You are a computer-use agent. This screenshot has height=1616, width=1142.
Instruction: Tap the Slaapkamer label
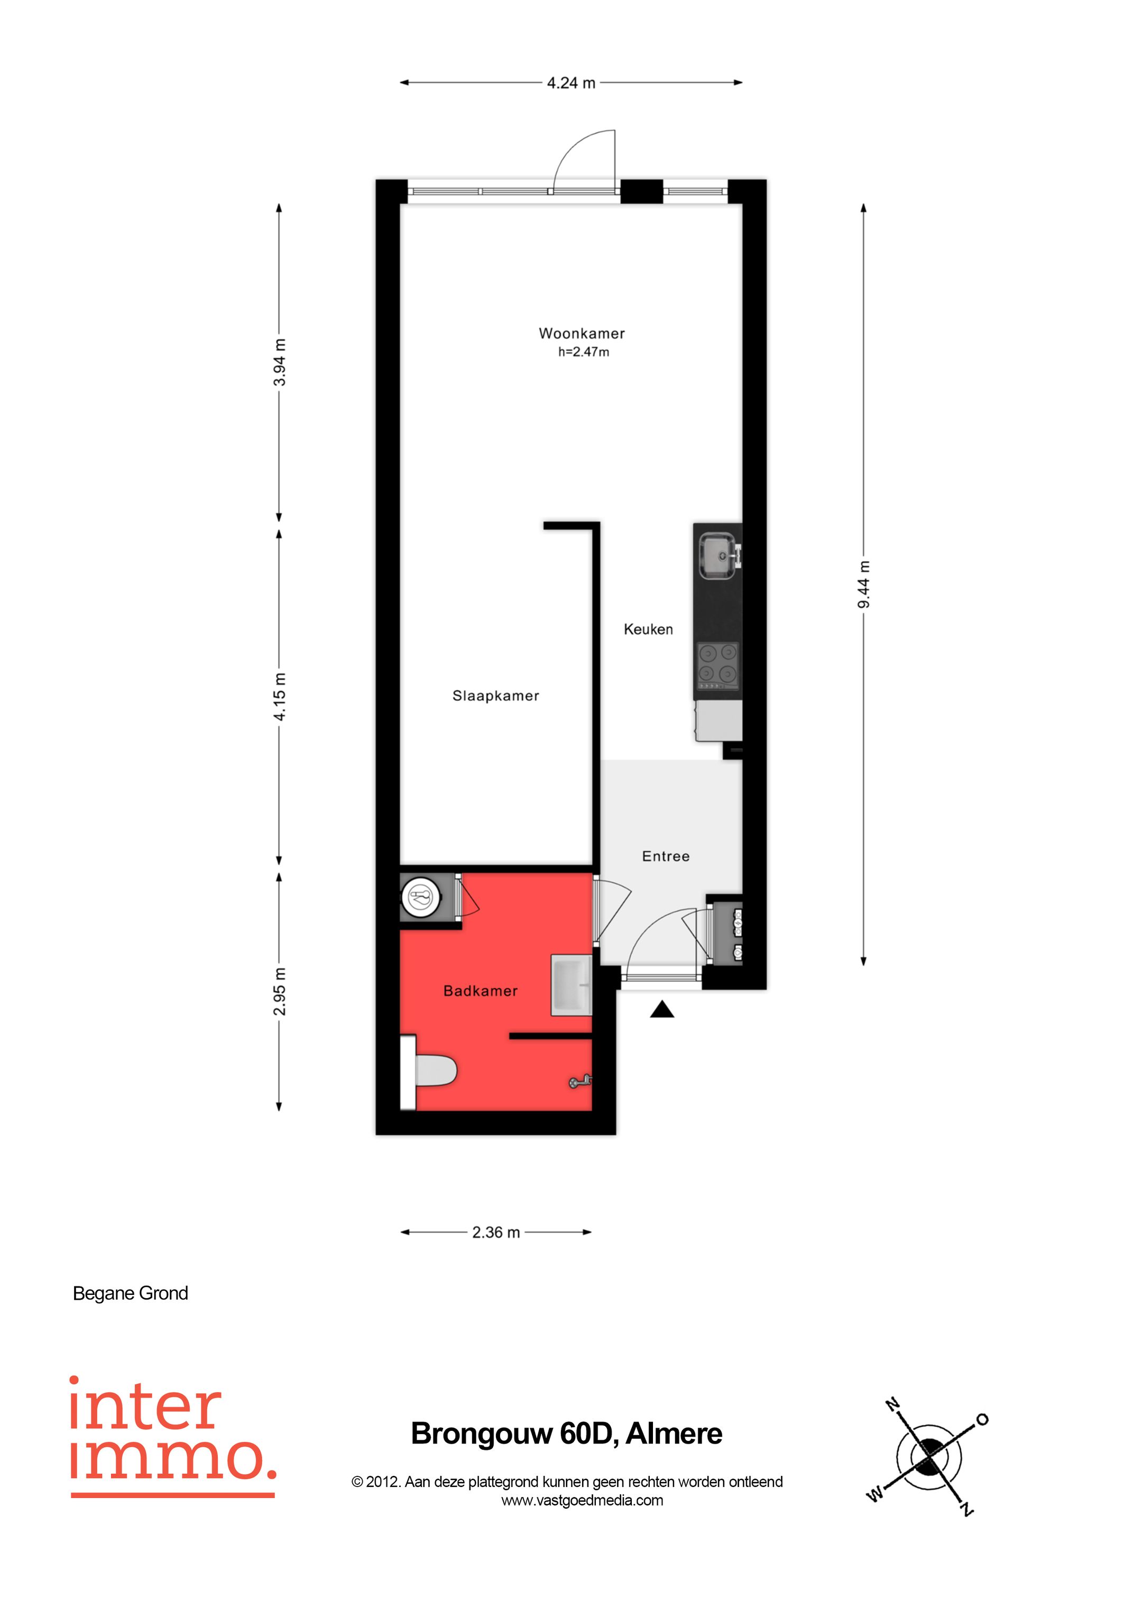[x=495, y=696]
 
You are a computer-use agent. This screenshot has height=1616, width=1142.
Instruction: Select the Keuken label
[x=648, y=629]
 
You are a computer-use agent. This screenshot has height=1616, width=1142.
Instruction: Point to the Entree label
[x=666, y=856]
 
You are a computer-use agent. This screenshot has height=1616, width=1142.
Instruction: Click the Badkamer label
[x=481, y=991]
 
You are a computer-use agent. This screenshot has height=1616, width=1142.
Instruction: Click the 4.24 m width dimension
[x=572, y=83]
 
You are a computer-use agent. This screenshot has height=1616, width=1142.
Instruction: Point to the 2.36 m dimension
[x=496, y=1232]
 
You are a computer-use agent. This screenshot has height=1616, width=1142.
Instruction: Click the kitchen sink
[x=717, y=556]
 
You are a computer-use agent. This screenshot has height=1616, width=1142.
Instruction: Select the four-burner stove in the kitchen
[x=717, y=666]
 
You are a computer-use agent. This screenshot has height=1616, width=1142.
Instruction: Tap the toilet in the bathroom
[x=432, y=1072]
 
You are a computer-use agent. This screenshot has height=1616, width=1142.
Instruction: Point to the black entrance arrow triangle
[x=661, y=1011]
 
